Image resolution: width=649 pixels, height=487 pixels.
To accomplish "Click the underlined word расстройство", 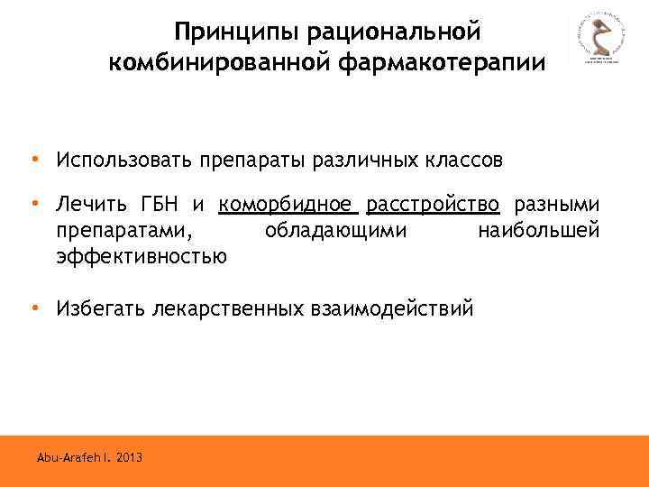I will click(x=434, y=205).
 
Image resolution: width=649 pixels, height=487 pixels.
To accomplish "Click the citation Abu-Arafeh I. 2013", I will click(x=89, y=458).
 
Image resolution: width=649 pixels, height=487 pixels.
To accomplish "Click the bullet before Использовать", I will click(x=34, y=160).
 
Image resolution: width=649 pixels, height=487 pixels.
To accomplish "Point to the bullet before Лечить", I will click(x=34, y=204).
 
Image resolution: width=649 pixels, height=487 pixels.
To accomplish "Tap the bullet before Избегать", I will click(x=34, y=308).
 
